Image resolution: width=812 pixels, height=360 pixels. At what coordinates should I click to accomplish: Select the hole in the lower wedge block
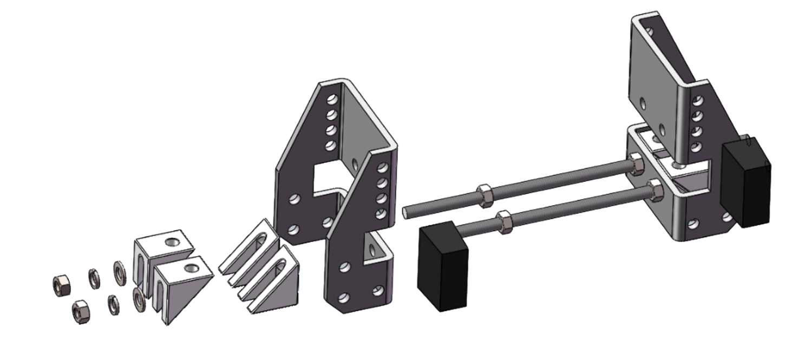tap(191, 268)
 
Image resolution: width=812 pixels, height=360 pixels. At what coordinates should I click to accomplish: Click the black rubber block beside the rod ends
tap(442, 266)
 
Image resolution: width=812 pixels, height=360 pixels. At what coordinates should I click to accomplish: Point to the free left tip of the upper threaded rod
tap(407, 211)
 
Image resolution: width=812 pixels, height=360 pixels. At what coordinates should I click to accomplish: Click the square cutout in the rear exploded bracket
tap(325, 173)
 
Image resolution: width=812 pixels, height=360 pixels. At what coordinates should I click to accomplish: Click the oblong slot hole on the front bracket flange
tap(373, 250)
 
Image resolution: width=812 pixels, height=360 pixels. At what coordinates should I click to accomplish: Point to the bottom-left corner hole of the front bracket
tap(342, 297)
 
